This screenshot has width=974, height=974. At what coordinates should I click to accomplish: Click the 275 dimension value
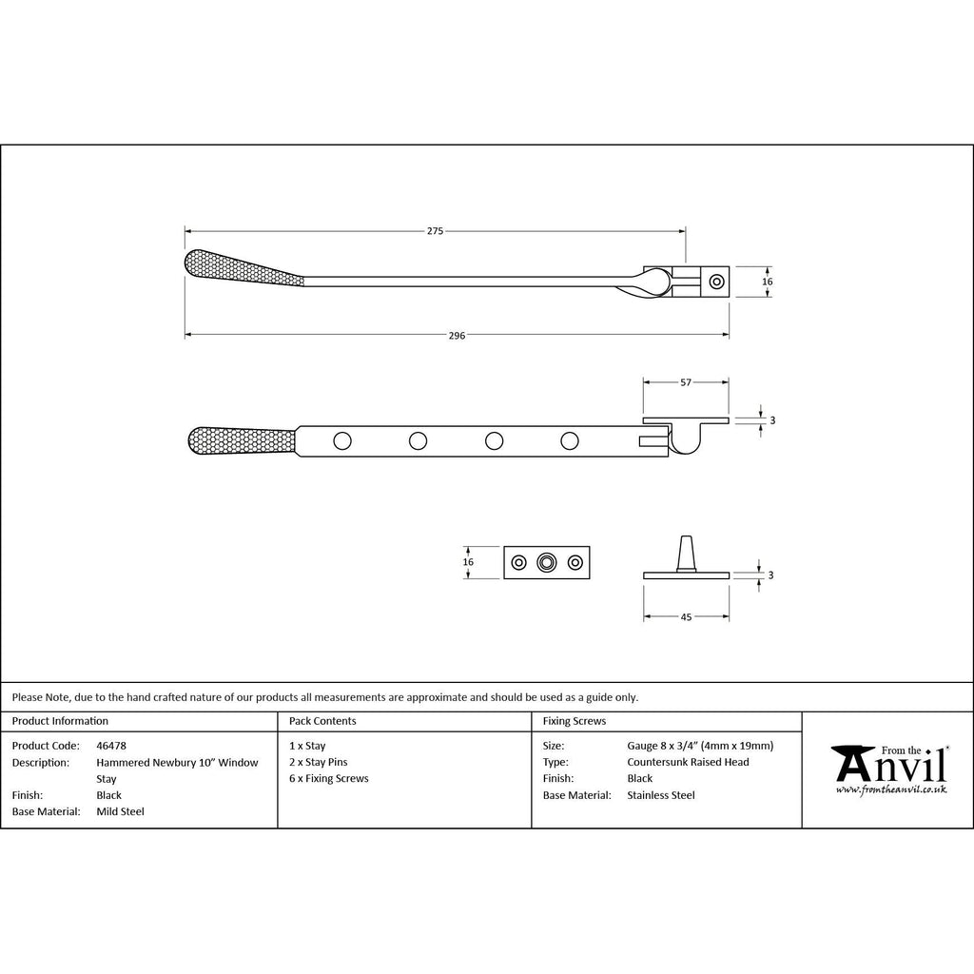[x=435, y=231]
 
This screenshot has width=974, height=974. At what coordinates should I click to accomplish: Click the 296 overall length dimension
[x=457, y=336]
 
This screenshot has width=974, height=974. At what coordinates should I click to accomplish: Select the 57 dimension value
[x=686, y=382]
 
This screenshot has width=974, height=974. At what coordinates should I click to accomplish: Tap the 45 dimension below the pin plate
[x=686, y=616]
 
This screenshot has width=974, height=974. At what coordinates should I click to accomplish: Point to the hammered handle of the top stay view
[x=243, y=267]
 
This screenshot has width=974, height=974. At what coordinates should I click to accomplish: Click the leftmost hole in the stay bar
[x=342, y=441]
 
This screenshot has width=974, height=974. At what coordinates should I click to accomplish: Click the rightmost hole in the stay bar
[x=570, y=441]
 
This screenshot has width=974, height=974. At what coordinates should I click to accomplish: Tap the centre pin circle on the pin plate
[x=547, y=563]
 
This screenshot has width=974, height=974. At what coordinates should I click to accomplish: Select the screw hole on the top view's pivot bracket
[x=717, y=282]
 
